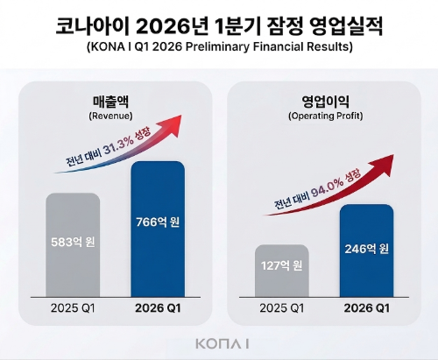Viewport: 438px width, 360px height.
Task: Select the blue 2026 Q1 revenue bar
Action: tap(158, 263)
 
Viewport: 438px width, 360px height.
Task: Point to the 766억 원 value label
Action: tap(158, 222)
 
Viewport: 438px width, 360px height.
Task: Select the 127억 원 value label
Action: tap(282, 266)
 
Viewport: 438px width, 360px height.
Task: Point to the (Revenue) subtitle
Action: tap(110, 115)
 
